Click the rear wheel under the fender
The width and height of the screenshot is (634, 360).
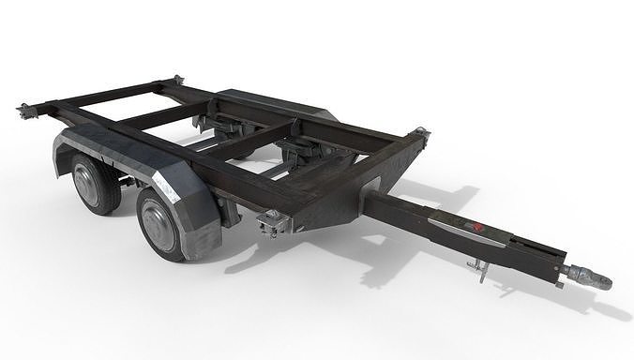(x=97, y=183)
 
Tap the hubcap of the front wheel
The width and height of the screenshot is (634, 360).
(x=157, y=227)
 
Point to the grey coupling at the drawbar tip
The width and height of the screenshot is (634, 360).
(x=588, y=277)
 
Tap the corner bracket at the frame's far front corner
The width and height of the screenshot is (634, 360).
(x=420, y=137)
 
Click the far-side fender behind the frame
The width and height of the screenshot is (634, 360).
(x=281, y=105)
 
